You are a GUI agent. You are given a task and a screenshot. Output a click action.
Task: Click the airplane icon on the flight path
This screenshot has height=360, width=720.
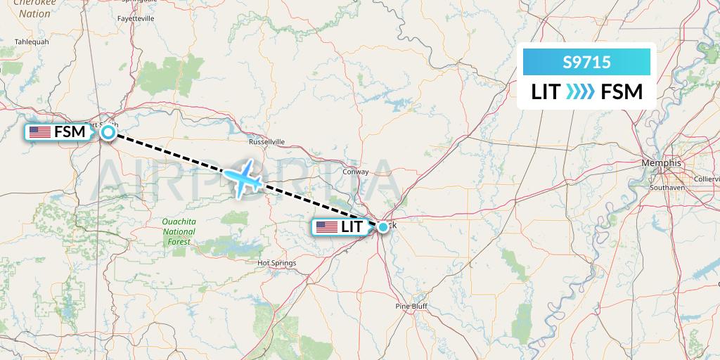243,180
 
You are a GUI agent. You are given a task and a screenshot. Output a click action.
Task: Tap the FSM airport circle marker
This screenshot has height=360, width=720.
108,131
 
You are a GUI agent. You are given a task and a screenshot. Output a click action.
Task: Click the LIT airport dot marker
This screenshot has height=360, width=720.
382,227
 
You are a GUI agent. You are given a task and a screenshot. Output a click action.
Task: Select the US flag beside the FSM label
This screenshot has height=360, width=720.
39,131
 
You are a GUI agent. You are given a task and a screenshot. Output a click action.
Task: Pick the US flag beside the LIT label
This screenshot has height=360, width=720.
327,227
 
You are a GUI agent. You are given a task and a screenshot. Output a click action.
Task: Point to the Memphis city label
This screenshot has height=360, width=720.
661,163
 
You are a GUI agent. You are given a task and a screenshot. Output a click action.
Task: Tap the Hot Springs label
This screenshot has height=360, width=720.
277,263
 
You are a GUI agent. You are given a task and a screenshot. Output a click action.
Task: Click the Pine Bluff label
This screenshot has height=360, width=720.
411,307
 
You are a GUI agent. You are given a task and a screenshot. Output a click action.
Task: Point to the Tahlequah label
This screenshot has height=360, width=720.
32,41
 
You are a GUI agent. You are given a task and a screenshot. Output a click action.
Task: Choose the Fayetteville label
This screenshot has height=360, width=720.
137,18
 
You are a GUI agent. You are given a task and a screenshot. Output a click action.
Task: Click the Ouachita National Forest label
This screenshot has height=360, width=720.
179,231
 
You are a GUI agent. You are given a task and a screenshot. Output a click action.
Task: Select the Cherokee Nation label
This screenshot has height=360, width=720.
35,8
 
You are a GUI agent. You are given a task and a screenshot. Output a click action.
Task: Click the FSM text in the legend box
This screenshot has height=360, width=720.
622,92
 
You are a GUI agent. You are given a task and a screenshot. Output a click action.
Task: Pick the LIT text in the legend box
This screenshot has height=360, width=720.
546,92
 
